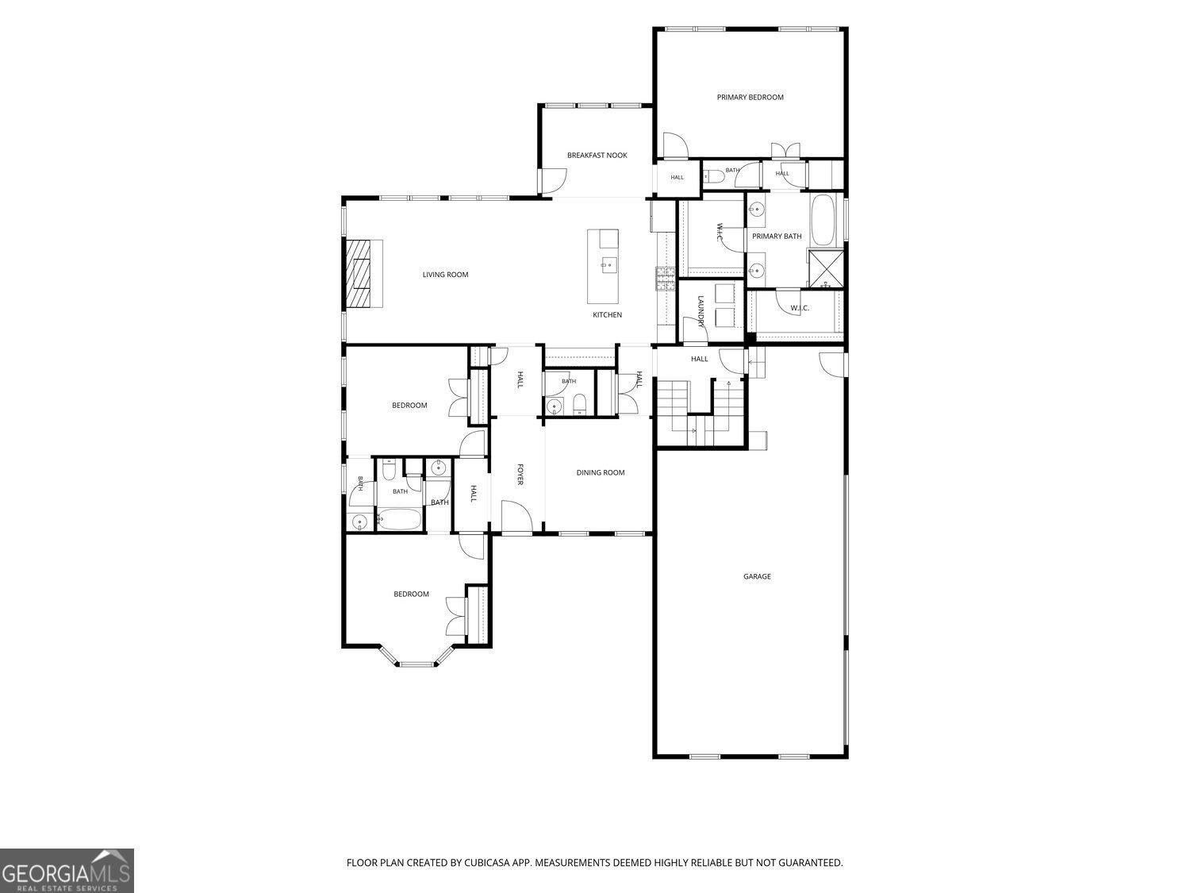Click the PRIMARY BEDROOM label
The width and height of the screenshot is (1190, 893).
coord(750,97)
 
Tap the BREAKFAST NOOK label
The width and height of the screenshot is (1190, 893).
coord(597,155)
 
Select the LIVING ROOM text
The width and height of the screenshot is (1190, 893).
coord(445,275)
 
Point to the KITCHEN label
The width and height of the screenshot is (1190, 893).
coord(607,314)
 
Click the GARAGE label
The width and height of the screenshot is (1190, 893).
coord(757,576)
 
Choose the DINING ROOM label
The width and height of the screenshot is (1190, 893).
coord(600,472)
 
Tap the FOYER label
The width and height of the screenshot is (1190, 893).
coord(520,474)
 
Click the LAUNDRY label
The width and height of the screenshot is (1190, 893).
coord(701,311)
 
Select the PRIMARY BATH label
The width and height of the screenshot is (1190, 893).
coord(777,236)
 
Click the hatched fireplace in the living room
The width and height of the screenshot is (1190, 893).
coord(359,274)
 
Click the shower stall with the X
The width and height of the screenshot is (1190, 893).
coord(826,268)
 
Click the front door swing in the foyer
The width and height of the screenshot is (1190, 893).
coord(516,516)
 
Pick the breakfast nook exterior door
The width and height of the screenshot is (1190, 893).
coord(553,181)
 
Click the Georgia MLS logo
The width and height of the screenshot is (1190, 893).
coord(67,871)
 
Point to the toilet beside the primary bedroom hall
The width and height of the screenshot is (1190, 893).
coord(712,175)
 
